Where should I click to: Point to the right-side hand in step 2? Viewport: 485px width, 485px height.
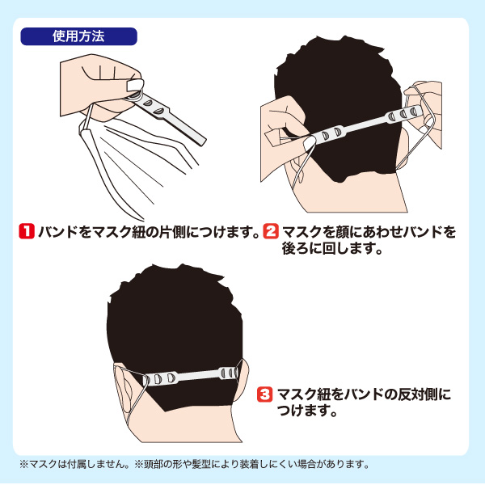pyautogui.click(x=424, y=105)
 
